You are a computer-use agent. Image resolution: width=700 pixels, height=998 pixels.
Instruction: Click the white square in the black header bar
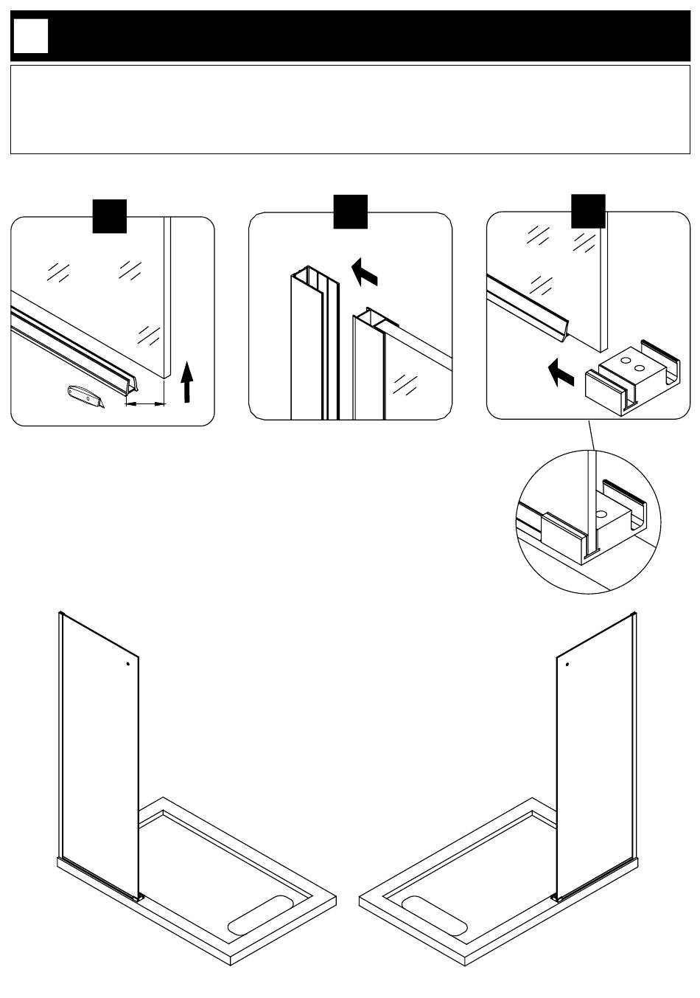[x=31, y=35]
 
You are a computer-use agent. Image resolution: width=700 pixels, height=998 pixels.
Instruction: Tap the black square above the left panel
[x=109, y=215]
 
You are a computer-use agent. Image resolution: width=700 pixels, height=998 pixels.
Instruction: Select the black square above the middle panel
[x=350, y=212]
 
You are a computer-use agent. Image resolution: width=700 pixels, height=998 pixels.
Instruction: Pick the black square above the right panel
[x=589, y=212]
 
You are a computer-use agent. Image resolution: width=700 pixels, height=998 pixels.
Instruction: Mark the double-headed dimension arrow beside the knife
[x=144, y=403]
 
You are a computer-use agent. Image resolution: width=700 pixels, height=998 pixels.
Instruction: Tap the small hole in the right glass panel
[x=567, y=664]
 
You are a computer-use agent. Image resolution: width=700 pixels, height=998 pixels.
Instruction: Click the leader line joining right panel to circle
[x=591, y=435]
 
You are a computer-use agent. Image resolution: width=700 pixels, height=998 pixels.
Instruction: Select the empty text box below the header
[x=349, y=109]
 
